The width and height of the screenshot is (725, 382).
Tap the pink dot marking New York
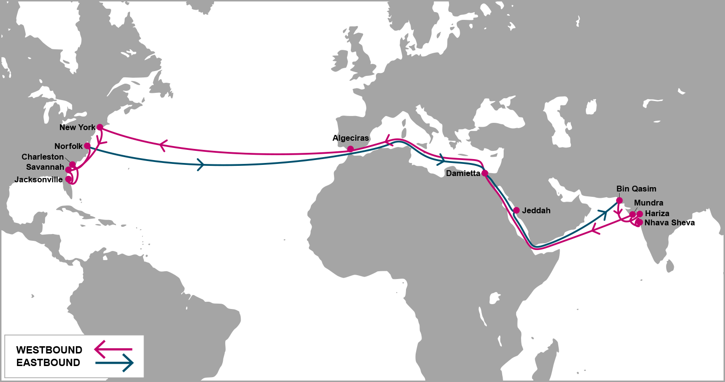click(x=100, y=127)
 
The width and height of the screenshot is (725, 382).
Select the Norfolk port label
click(x=69, y=146)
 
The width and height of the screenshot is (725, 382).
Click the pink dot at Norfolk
click(x=87, y=146)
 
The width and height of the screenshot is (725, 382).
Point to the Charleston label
click(x=43, y=157)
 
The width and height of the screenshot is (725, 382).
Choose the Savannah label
click(x=44, y=168)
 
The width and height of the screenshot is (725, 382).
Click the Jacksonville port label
click(x=39, y=180)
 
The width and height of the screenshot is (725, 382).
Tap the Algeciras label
click(x=350, y=138)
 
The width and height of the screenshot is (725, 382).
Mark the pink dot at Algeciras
click(x=350, y=149)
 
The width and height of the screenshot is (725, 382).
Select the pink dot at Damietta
click(x=485, y=173)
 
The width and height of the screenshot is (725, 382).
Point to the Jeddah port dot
click(x=516, y=210)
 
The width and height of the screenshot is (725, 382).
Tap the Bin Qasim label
click(x=636, y=189)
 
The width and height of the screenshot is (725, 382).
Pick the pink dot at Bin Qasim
click(x=619, y=200)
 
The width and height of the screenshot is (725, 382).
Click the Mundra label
click(x=649, y=203)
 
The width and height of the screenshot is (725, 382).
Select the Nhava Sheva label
click(x=669, y=223)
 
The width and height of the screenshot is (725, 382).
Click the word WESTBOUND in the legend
click(x=49, y=350)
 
